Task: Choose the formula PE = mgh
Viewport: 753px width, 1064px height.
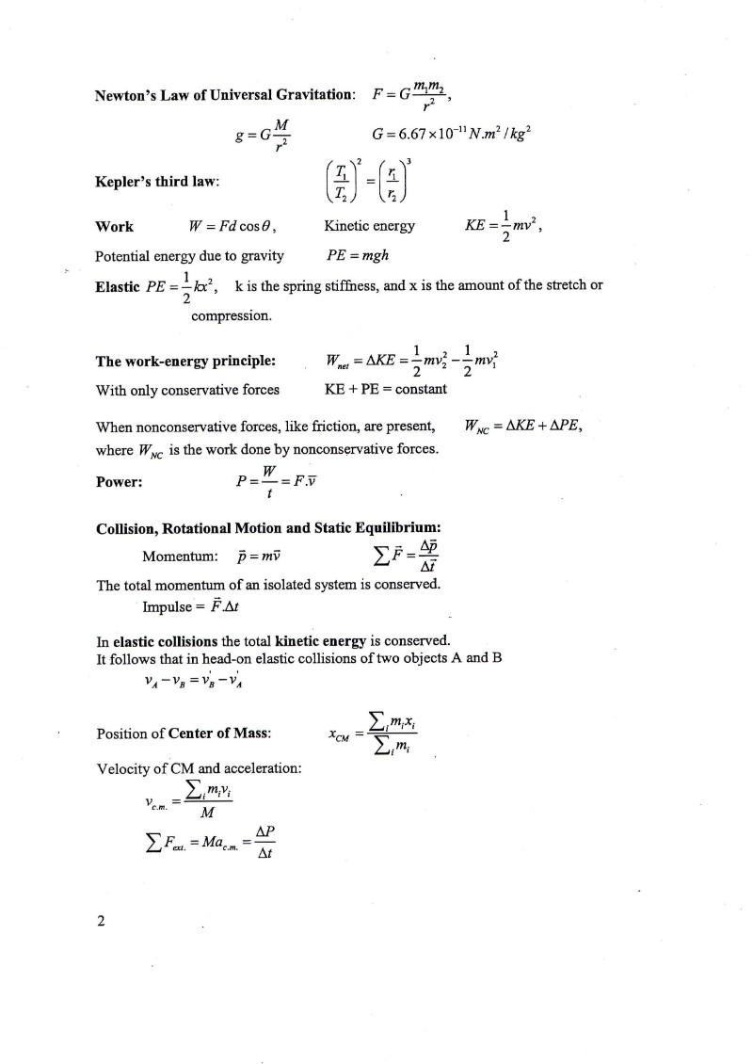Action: [x=357, y=256]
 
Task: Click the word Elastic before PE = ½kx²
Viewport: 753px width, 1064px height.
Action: [x=118, y=285]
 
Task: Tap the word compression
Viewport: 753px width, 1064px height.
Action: [x=232, y=316]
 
